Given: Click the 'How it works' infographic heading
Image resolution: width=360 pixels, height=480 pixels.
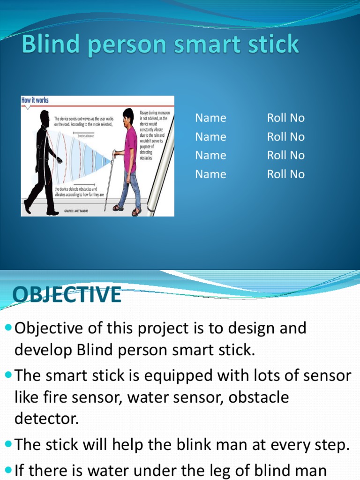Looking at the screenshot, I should tap(35, 100).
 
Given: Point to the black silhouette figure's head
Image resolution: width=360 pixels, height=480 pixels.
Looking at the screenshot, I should tap(45, 117).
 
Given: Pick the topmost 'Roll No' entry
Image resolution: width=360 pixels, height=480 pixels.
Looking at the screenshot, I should tap(285, 118).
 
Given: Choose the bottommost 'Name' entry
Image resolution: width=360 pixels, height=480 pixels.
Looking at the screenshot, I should tap(210, 174).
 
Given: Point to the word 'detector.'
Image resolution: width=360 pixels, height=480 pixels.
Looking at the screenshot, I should tap(46, 419).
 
